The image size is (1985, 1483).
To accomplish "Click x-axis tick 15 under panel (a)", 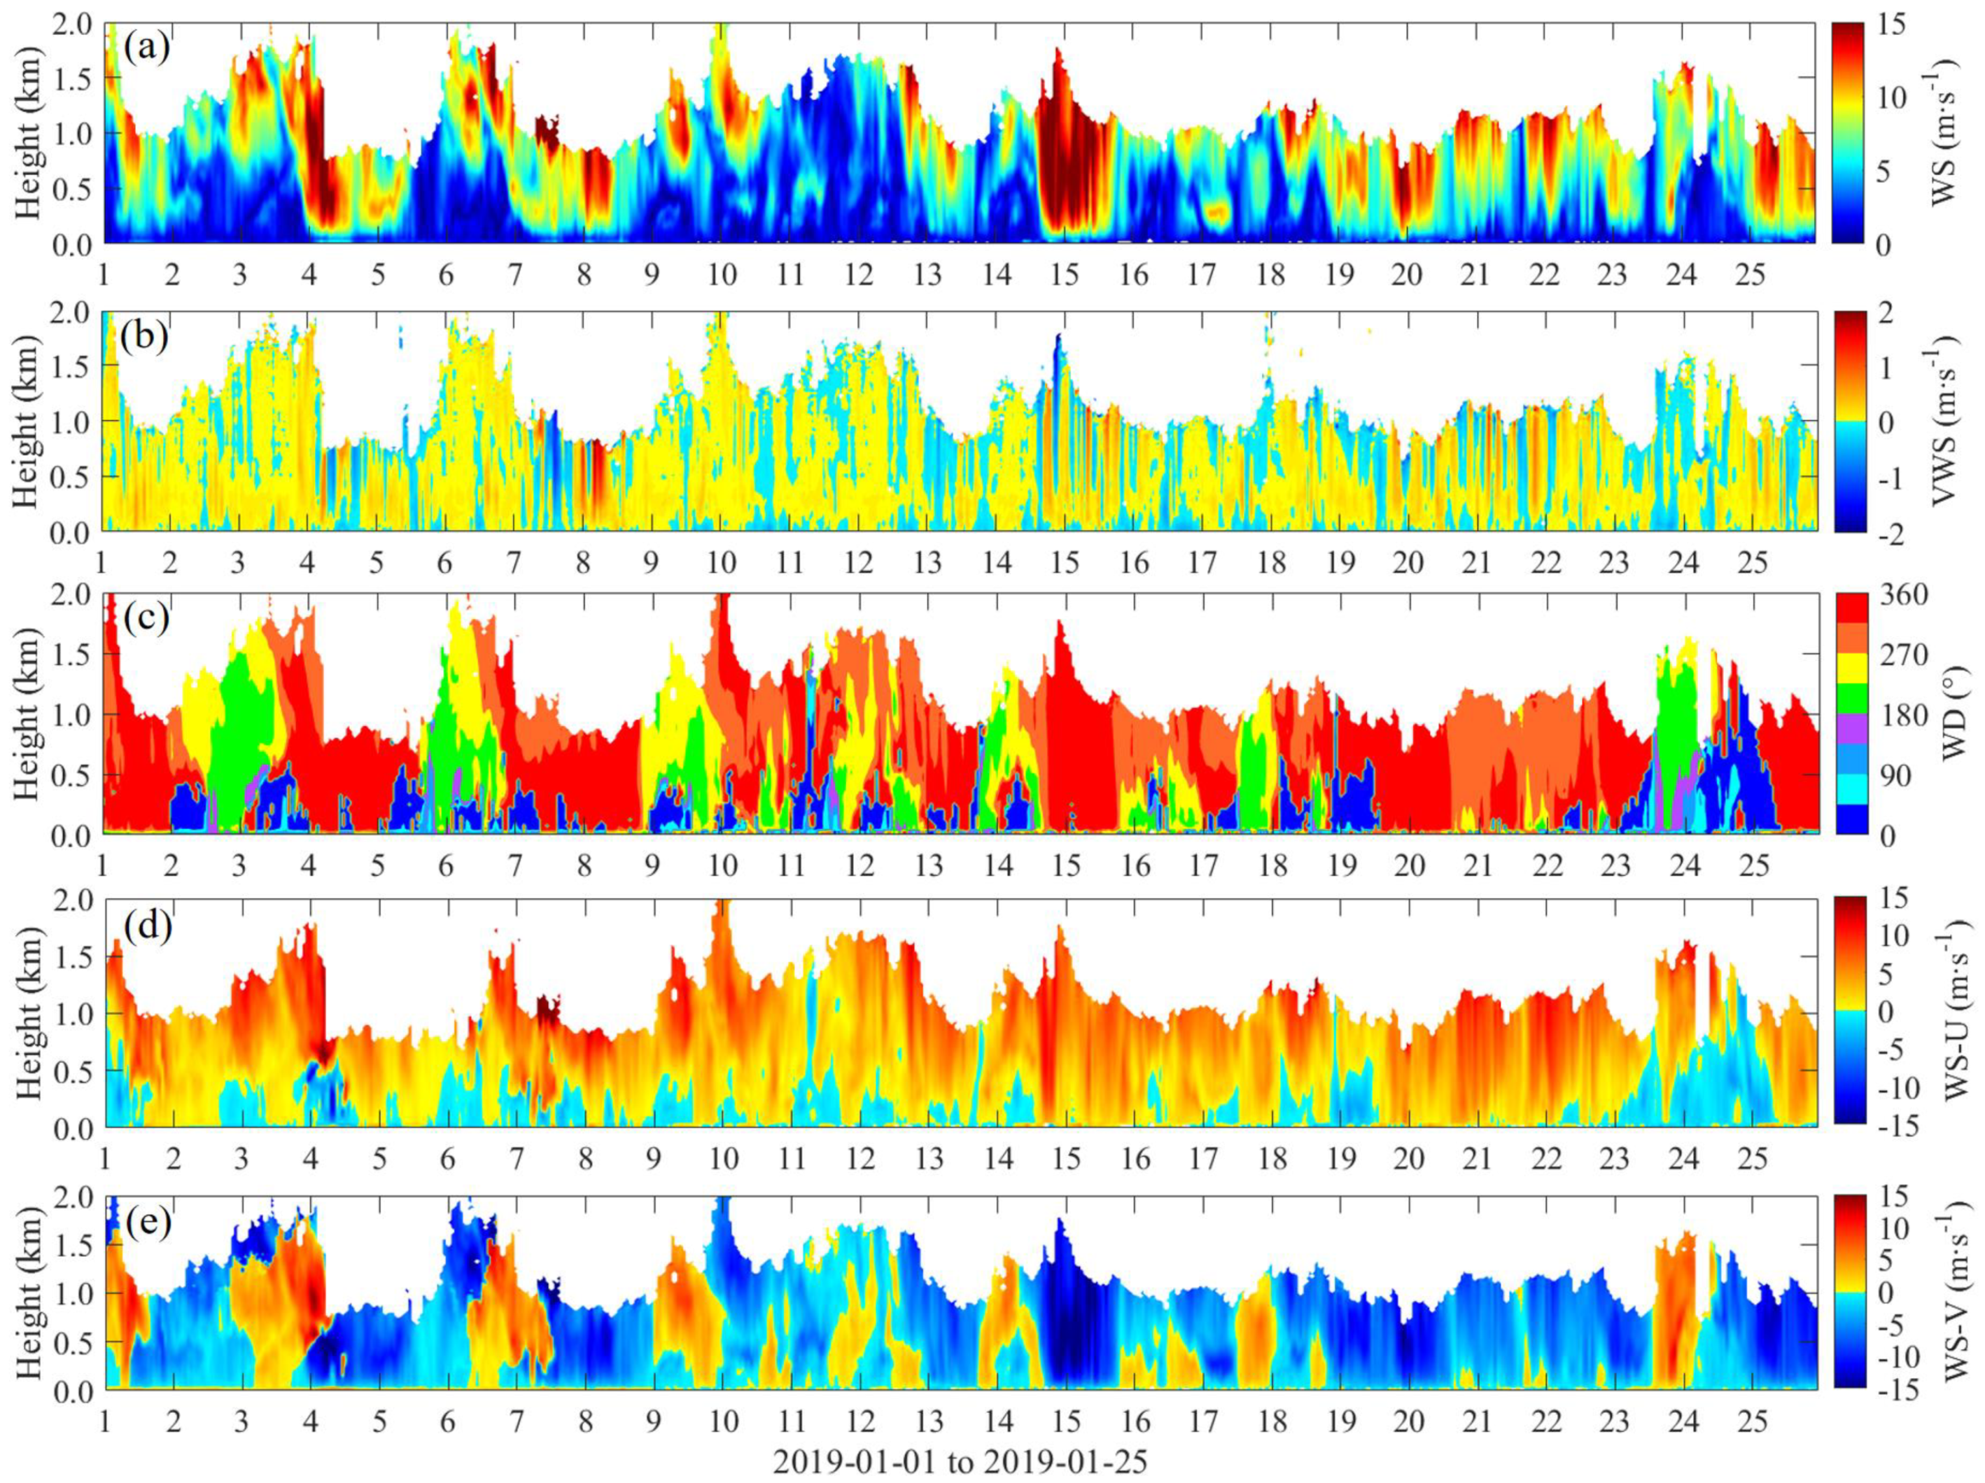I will tap(1065, 273).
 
